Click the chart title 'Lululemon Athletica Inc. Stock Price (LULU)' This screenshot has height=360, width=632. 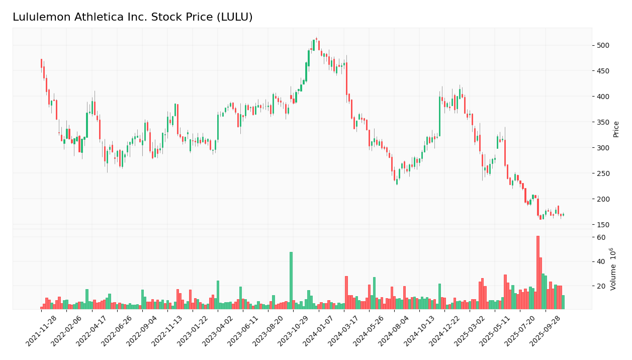point(132,18)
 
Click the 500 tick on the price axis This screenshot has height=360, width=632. point(602,45)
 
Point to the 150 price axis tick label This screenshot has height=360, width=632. point(602,225)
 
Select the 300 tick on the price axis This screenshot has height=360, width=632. point(602,148)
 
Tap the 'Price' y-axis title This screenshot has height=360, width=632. point(616,129)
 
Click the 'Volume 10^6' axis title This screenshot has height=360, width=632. point(613,268)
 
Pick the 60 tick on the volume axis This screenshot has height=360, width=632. point(601,237)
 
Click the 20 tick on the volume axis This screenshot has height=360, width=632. point(601,286)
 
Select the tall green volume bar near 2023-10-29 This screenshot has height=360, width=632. point(291,280)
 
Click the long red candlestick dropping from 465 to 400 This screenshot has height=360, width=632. point(346,79)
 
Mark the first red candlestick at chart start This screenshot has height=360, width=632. point(41,63)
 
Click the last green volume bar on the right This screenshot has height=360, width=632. point(563,302)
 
